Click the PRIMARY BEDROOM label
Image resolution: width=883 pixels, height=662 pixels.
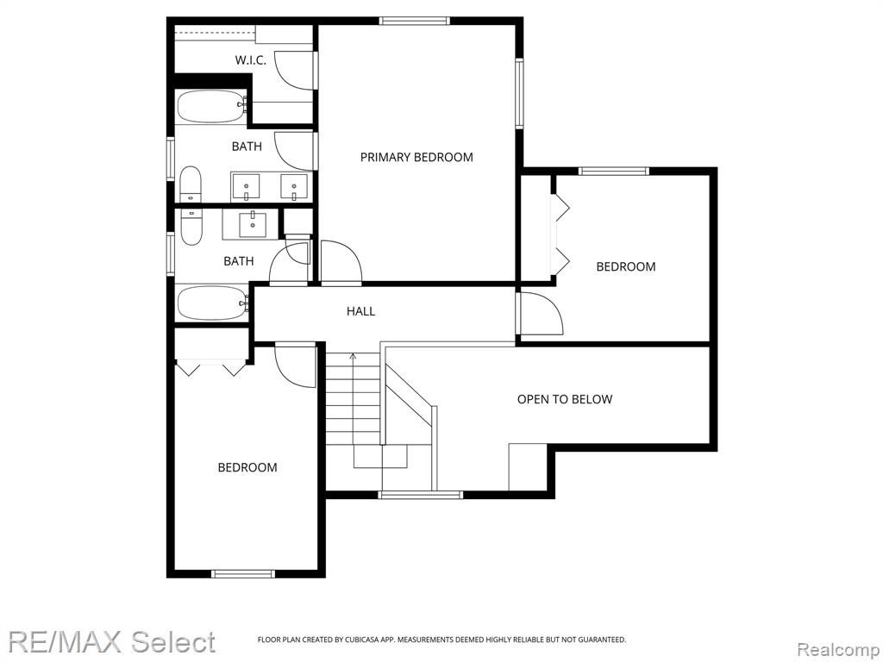[416, 157]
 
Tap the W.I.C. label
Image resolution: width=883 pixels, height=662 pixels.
[251, 60]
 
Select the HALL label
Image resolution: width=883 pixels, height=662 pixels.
[361, 310]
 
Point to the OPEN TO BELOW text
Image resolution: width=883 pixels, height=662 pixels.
[565, 399]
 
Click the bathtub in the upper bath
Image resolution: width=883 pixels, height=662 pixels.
[211, 106]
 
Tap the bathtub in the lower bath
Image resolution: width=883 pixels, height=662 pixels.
[212, 303]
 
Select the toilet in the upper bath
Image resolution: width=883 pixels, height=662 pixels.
[191, 184]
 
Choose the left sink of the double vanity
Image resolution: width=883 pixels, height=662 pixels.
[246, 187]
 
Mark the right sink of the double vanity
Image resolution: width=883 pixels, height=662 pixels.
[294, 187]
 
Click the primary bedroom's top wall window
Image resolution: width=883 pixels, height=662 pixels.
[415, 22]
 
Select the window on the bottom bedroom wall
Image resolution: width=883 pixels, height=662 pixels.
[242, 573]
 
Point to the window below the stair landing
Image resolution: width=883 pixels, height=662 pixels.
[421, 495]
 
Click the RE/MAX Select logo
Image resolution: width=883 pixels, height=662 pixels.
[111, 642]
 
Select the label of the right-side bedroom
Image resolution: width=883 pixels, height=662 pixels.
[626, 266]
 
